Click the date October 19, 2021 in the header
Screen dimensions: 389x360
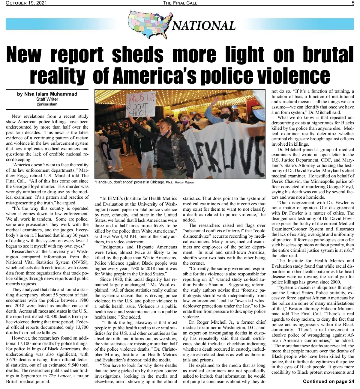[26, 3]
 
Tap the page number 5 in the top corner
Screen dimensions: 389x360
[353, 3]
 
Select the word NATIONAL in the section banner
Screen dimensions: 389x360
[204, 26]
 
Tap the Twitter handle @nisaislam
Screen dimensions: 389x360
[47, 104]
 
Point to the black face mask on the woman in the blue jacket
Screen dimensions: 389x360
[225, 116]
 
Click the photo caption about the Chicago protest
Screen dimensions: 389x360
[129, 182]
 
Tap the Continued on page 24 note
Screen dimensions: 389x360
[328, 382]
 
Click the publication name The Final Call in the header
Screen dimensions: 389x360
[180, 3]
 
